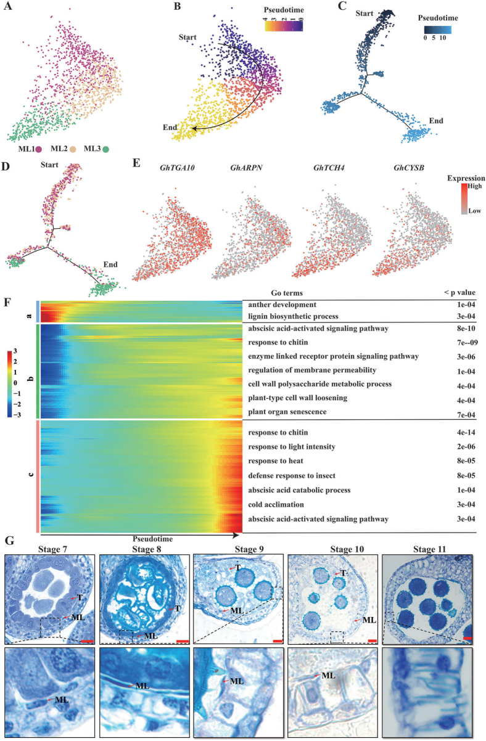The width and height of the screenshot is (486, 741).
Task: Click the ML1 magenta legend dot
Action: (39, 149)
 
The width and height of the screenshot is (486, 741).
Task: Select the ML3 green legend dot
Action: (106, 149)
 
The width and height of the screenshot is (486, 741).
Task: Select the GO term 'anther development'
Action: (283, 305)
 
